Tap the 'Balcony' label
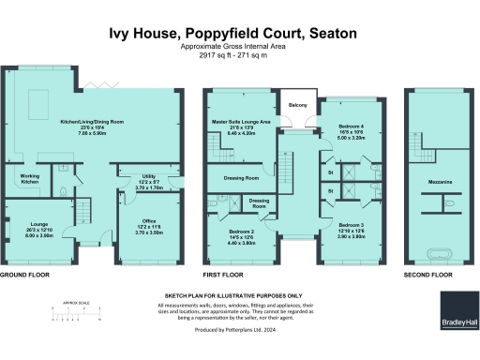298,104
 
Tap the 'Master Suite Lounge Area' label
241,123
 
